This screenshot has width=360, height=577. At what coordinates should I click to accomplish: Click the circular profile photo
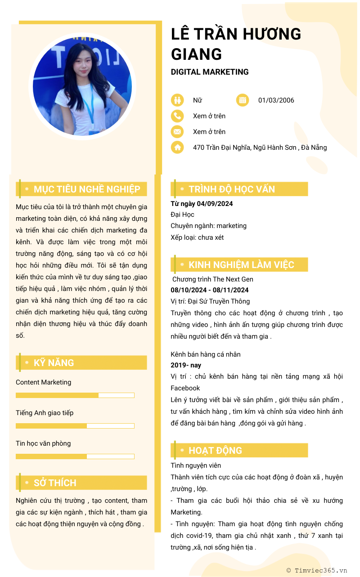(x=82, y=86)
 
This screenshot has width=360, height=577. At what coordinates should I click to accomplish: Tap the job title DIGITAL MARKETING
(x=210, y=72)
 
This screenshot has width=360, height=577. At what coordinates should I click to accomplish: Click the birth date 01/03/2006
(x=276, y=100)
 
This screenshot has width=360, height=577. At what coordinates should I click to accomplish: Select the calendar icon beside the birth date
(x=243, y=100)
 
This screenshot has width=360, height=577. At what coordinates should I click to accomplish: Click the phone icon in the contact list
(x=177, y=116)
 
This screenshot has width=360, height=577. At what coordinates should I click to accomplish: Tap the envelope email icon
(x=177, y=132)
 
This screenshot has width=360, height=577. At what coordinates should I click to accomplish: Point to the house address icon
(x=177, y=147)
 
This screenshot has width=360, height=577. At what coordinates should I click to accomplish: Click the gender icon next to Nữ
(x=177, y=100)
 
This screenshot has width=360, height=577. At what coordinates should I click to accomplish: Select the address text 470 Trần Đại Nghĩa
(x=260, y=148)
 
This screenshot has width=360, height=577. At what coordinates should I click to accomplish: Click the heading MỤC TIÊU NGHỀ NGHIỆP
(x=87, y=189)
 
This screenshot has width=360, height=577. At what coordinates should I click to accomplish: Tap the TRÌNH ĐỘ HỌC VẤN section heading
(x=231, y=189)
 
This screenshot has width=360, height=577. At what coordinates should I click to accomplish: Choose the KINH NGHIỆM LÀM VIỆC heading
(x=241, y=265)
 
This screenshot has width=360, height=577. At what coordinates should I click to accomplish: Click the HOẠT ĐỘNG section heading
(x=215, y=451)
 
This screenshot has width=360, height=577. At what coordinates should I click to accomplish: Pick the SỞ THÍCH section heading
(x=55, y=483)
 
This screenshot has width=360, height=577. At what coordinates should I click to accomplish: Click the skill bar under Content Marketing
(x=75, y=395)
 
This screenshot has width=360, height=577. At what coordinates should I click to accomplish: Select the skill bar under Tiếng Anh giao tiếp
(x=75, y=426)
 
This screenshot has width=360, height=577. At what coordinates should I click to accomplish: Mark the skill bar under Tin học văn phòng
(x=75, y=456)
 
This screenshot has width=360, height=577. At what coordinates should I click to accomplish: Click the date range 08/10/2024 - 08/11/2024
(x=210, y=290)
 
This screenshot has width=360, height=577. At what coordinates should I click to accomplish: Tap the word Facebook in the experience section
(x=185, y=388)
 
